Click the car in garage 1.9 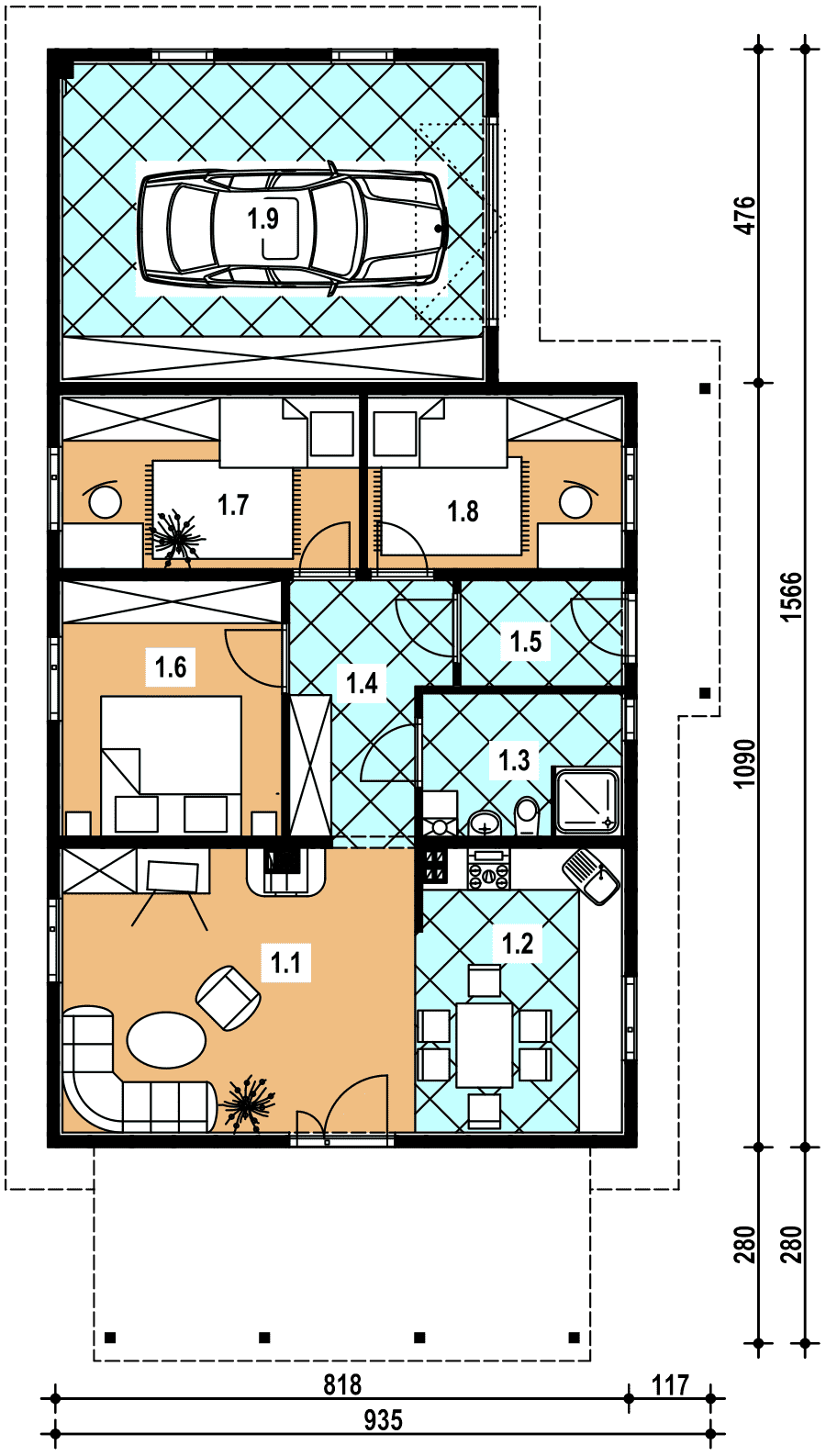293,228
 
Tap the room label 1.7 233,504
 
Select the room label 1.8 463,511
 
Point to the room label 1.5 526,641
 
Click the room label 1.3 514,760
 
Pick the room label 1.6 171,666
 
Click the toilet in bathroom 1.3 527,816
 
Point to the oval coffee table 166,1040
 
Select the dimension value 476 745,215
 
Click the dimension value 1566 792,597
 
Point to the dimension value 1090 745,763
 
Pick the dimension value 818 342,1385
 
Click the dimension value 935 383,1421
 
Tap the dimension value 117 670,1385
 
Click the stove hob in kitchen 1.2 488,869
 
